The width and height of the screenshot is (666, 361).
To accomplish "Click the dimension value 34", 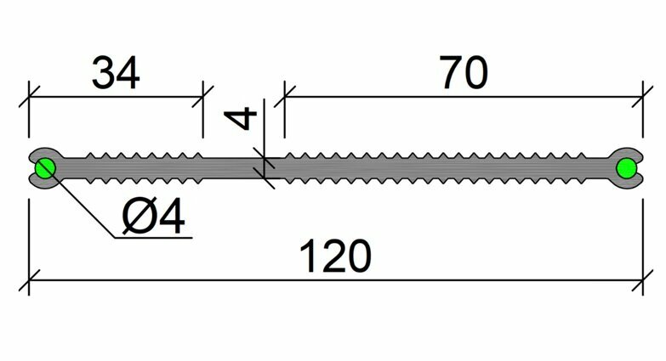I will click(115, 74).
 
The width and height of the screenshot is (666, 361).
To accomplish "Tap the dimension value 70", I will click(464, 74).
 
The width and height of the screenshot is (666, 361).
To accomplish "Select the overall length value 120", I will click(338, 255).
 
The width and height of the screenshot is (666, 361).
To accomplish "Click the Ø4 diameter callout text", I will click(153, 219).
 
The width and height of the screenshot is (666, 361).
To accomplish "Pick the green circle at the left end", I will click(44, 168).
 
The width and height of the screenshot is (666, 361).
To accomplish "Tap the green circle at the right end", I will click(626, 168).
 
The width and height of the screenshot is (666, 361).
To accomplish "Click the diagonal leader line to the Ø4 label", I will click(81, 204).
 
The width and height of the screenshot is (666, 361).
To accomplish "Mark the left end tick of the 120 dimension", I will click(31, 279).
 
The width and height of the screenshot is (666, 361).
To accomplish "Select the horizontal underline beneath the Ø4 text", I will click(153, 237).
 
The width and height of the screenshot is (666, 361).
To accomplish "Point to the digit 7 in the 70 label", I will click(451, 74).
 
